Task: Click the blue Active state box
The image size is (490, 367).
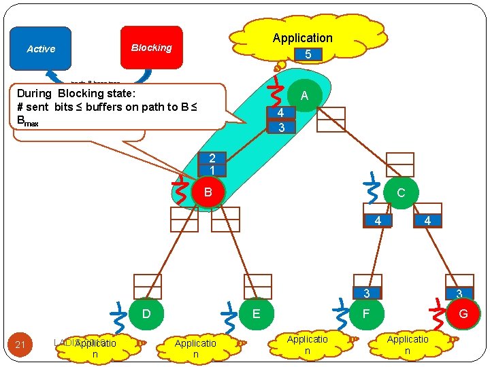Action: [x=41, y=48]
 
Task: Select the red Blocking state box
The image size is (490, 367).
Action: [x=151, y=48]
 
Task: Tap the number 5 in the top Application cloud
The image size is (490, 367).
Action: [x=308, y=53]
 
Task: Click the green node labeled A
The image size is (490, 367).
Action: [x=304, y=96]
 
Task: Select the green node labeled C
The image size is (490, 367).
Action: [x=400, y=192]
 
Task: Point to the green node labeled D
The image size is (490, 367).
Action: [x=146, y=313]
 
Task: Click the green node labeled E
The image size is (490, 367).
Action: [x=256, y=313]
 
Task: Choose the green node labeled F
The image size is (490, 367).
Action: [x=366, y=313]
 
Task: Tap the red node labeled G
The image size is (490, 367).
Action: [x=463, y=313]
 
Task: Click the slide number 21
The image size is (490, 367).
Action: [x=20, y=345]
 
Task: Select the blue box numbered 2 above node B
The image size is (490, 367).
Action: [x=212, y=157]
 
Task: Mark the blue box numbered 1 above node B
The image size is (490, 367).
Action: [x=212, y=170]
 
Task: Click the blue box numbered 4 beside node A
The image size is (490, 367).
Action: [x=280, y=113]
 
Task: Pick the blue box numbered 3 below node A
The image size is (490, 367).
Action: [x=280, y=127]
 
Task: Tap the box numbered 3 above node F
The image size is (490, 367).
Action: [x=366, y=294]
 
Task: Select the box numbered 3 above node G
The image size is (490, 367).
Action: [x=459, y=294]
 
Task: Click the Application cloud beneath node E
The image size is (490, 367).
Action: [x=195, y=348]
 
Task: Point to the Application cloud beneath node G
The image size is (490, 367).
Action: [x=408, y=345]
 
